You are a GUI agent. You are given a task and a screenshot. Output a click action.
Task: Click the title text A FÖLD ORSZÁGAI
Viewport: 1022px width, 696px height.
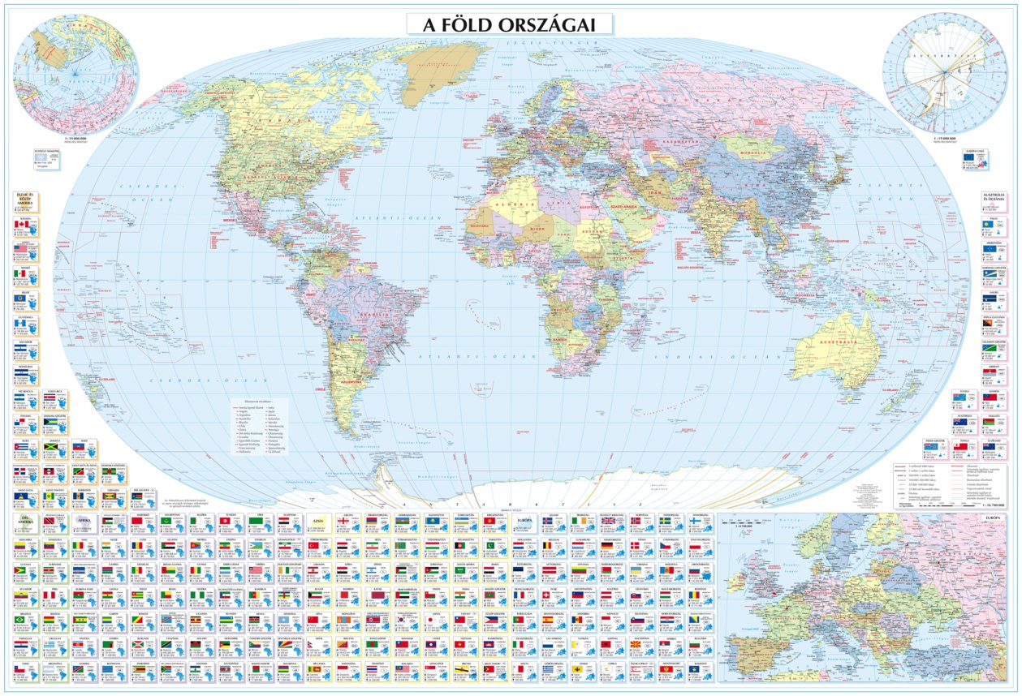tap(509, 24)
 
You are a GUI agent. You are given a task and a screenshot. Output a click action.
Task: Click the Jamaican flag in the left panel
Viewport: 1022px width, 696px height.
tap(50, 447)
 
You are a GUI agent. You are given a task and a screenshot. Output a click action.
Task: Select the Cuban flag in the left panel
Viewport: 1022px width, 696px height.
tap(20, 447)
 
